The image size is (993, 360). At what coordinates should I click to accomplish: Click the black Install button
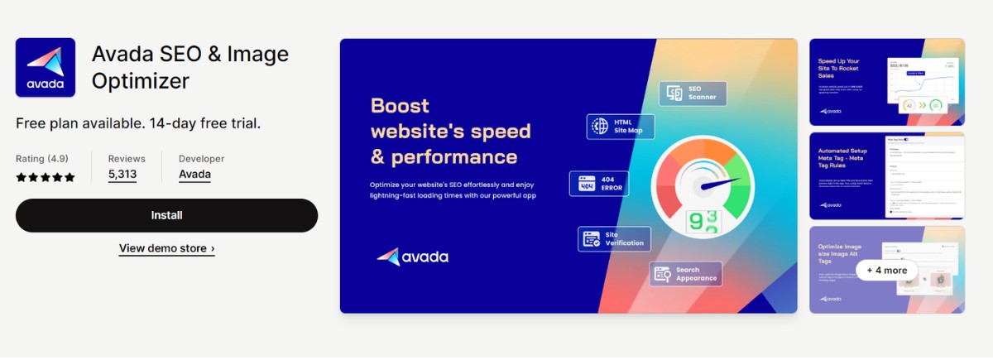pos(166,215)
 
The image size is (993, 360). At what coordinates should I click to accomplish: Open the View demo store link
pos(166,248)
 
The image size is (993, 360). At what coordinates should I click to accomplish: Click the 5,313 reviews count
pos(122,175)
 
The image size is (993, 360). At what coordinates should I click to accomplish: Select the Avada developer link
pos(194,175)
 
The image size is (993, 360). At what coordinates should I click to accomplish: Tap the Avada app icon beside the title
pos(46,68)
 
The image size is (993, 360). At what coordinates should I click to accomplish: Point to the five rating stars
pos(46,177)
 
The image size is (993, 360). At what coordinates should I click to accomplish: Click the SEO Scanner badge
pos(693,94)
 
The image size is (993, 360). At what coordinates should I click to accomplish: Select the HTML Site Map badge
pos(621,126)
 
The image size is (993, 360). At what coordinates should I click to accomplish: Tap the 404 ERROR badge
pos(599,183)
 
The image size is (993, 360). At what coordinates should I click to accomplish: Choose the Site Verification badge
pos(614,238)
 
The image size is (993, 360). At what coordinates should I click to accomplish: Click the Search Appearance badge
pos(685,274)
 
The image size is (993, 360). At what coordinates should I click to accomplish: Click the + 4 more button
pos(886,270)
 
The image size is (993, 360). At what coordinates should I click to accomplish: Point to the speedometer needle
pos(717,185)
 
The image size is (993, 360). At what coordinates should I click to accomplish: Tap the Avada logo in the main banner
pos(412,257)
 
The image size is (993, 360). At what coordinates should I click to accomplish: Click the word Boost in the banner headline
pos(400,106)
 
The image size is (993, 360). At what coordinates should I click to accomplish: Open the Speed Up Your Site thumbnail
pos(886,81)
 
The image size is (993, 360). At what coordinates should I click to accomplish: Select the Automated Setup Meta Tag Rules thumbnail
pos(886,175)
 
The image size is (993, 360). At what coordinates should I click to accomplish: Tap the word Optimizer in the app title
pos(141,81)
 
